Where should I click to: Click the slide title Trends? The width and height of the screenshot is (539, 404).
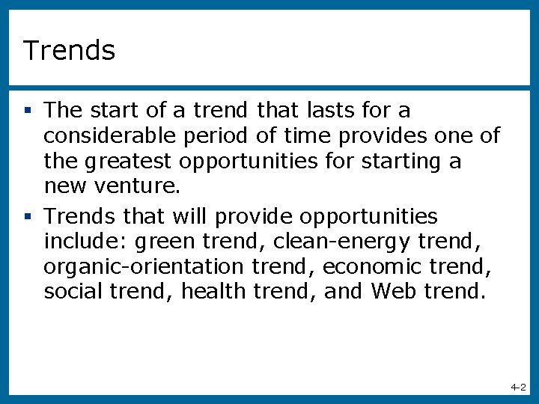pos(69,51)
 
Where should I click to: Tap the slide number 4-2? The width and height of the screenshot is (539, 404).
pos(518,388)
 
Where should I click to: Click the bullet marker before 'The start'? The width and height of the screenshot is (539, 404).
pos(28,111)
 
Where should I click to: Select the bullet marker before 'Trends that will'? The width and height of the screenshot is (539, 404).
pos(28,217)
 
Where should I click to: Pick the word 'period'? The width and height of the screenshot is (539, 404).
pos(197,136)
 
